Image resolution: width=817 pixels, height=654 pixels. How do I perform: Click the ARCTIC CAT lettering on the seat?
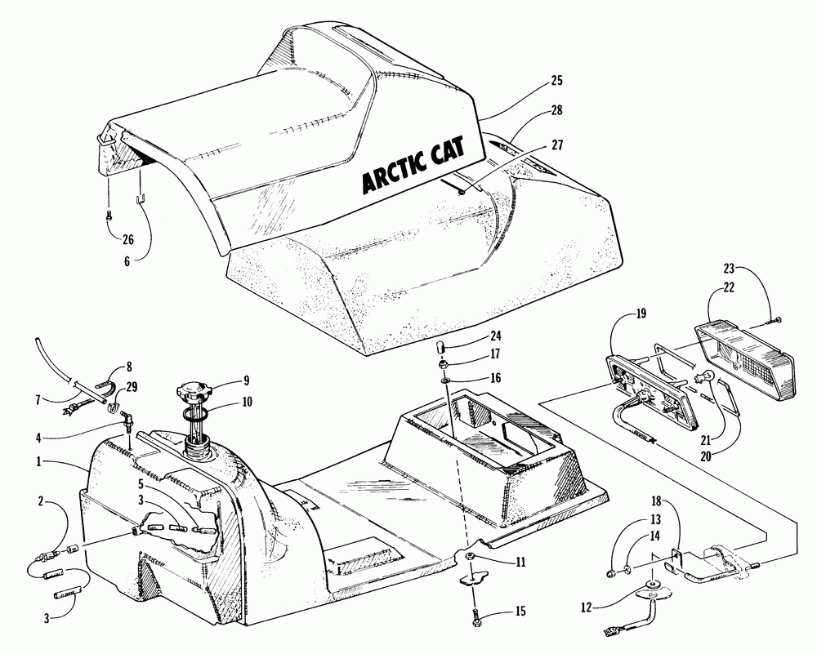(408, 167)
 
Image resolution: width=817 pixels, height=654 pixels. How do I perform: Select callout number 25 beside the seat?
(556, 81)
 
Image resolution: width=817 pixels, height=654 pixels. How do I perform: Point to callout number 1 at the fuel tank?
(40, 461)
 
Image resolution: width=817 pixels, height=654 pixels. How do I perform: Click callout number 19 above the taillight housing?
(641, 314)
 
